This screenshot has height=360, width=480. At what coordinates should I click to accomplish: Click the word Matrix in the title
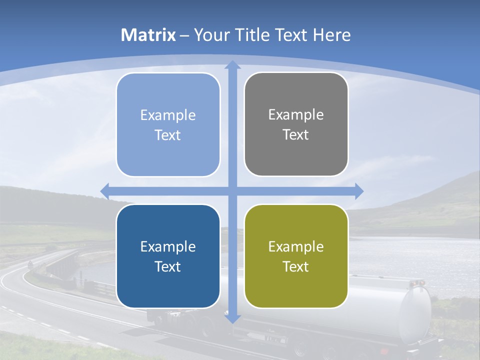coord(148,35)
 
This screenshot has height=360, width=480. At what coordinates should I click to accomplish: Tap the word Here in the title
coord(331,35)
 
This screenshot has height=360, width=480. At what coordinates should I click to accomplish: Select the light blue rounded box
coord(168,125)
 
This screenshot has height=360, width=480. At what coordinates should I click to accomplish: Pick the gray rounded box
coord(296,124)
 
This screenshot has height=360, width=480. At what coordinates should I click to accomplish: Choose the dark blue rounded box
coord(168,256)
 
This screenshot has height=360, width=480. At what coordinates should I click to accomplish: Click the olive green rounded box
coord(296,256)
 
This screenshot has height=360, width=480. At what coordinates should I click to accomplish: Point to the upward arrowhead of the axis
coord(232,65)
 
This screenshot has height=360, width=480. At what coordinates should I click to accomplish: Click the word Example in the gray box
coord(296,115)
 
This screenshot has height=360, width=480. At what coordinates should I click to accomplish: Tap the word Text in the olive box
coord(296,266)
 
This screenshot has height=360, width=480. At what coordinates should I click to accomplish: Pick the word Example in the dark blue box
coord(168,246)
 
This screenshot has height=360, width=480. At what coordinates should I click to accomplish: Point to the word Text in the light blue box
coord(168,135)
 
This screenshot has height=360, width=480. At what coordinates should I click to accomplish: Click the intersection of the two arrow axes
coord(232,191)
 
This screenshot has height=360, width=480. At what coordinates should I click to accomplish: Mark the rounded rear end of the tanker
coord(415,310)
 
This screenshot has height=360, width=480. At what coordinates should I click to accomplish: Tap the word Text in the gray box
coord(296,135)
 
